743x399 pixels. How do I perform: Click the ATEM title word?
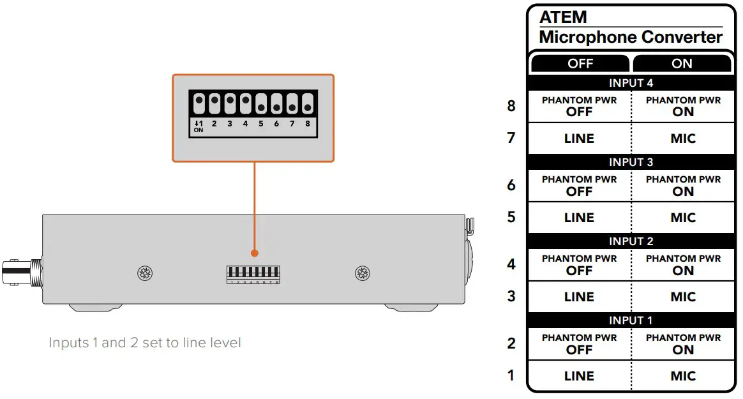tap(563, 17)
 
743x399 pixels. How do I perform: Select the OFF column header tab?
tap(580, 63)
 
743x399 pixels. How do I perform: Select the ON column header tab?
tap(682, 63)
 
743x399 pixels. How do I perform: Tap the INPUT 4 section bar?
tap(631, 83)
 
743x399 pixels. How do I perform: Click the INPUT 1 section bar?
tap(631, 320)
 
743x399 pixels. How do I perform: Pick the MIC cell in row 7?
tap(682, 139)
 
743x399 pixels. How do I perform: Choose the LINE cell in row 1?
tap(579, 376)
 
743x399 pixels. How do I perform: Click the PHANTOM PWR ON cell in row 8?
tap(682, 106)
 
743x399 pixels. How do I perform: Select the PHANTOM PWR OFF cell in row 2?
tap(579, 344)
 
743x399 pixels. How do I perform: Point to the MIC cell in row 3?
tap(682, 297)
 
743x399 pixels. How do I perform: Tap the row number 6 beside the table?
tap(511, 185)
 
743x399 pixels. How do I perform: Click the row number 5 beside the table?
tap(511, 217)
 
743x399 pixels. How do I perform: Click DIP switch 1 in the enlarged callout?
tap(199, 103)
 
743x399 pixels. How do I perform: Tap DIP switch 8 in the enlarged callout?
tap(308, 103)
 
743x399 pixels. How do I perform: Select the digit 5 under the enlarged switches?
tap(261, 124)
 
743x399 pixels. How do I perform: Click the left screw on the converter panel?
tap(145, 274)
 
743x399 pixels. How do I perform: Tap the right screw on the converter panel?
tap(363, 274)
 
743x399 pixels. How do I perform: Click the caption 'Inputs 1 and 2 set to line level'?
tap(145, 343)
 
